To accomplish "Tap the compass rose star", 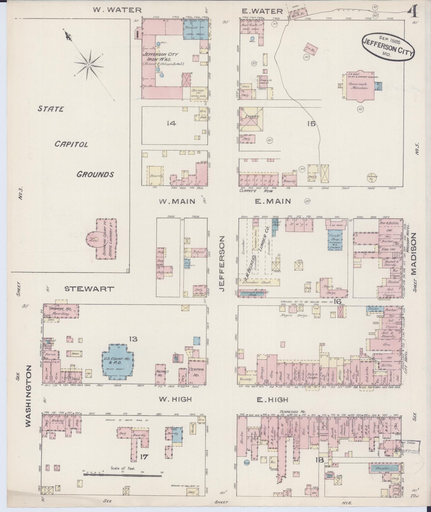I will click(88, 65).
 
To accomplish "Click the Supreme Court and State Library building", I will click(105, 239).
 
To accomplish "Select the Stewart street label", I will click(89, 289).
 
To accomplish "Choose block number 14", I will click(171, 123).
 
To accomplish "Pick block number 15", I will click(312, 124).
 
